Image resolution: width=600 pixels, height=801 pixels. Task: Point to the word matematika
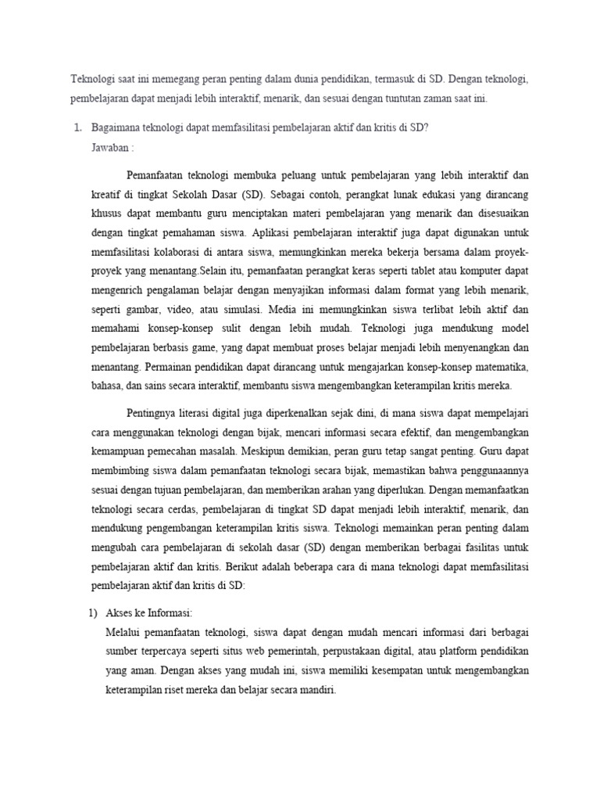tap(500, 368)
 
